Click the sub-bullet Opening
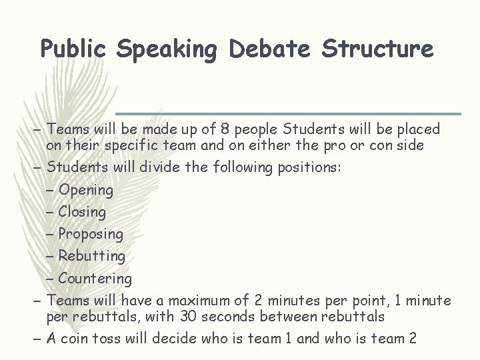click(x=86, y=190)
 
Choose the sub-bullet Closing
click(x=82, y=212)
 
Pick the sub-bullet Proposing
click(x=91, y=234)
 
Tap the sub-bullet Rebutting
click(x=91, y=256)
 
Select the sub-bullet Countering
click(x=95, y=278)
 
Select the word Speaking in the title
click(x=169, y=49)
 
